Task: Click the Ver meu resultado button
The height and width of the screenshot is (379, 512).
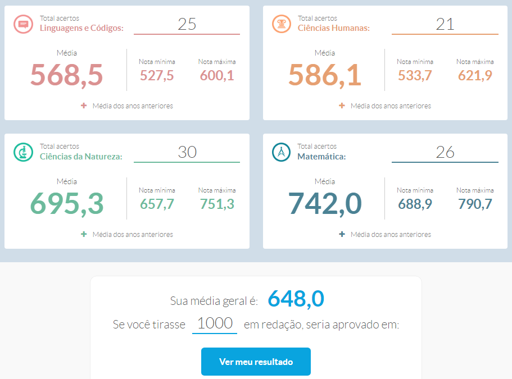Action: (256, 362)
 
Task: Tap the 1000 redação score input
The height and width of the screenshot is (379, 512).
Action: (215, 323)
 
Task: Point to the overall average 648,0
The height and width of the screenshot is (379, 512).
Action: (296, 299)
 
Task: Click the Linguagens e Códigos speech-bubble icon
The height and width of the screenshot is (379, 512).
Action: (23, 24)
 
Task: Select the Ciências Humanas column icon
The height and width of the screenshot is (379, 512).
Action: (280, 24)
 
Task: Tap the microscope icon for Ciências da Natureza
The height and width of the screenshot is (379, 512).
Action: (23, 152)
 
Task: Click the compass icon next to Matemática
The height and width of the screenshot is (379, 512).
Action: (280, 152)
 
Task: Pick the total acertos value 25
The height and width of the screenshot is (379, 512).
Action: (187, 24)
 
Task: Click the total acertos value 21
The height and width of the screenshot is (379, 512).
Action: (445, 24)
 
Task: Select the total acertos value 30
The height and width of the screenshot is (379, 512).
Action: (187, 152)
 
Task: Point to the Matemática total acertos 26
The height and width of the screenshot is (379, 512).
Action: (445, 152)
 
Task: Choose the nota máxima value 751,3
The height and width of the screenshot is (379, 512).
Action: (217, 204)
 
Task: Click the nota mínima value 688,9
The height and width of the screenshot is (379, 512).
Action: (415, 204)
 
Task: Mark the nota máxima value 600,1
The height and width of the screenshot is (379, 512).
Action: (217, 75)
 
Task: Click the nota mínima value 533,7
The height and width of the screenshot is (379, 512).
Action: (415, 75)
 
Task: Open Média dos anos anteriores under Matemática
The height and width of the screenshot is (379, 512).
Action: (390, 234)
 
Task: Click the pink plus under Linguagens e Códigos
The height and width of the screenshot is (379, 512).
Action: (84, 106)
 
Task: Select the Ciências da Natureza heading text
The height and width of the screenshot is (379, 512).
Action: (81, 157)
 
